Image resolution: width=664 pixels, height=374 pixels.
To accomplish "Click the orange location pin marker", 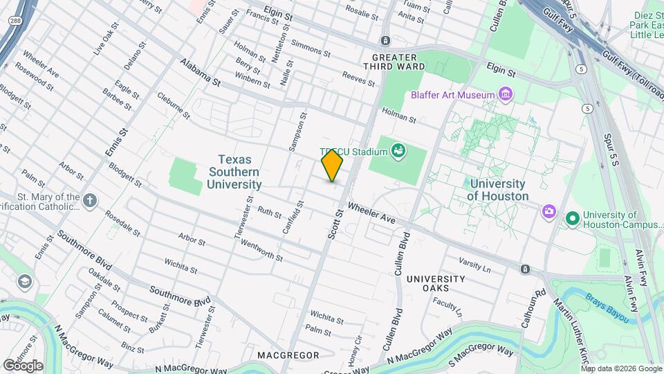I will click(333, 166).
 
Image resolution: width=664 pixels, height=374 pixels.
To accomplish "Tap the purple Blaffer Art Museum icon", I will click(506, 94).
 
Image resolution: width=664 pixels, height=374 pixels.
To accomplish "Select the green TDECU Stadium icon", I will click(398, 150).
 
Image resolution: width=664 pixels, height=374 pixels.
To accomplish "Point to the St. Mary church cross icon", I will click(89, 200).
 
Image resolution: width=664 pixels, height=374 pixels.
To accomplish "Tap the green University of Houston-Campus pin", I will click(572, 219).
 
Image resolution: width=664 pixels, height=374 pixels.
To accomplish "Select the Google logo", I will click(22, 365).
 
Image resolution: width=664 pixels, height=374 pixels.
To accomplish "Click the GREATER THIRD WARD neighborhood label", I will click(394, 62).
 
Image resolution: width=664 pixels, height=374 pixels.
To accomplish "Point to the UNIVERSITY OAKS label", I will click(437, 283).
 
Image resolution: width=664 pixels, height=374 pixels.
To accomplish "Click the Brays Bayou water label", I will click(609, 309).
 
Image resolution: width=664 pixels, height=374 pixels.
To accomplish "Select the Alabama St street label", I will click(199, 72).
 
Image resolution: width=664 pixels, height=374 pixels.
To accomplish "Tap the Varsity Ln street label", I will click(474, 264).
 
